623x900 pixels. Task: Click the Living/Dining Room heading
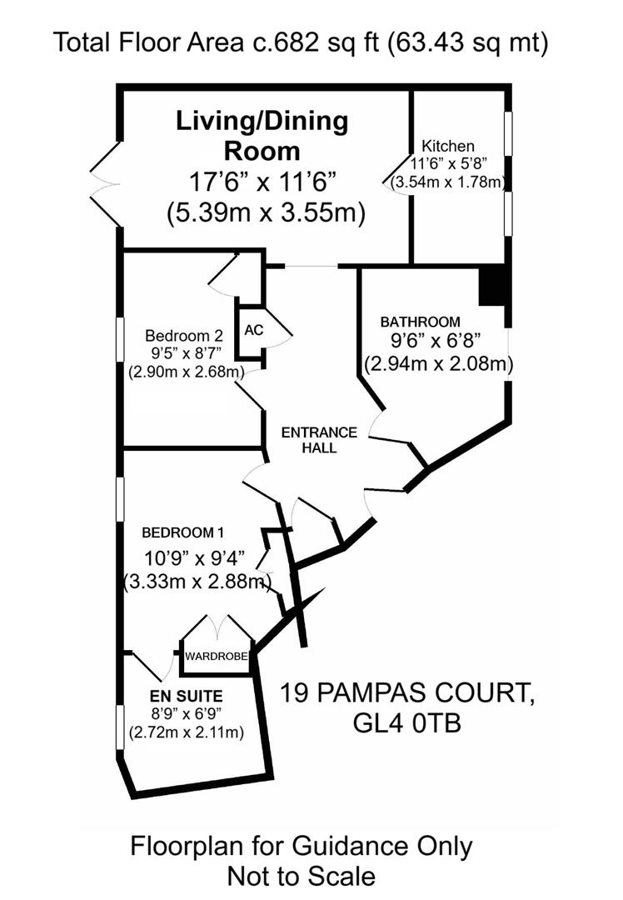(262, 136)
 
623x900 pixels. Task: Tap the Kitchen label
(447, 145)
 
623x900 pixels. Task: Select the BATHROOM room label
(420, 322)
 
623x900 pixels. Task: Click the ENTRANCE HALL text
(319, 440)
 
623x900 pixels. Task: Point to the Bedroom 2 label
(183, 336)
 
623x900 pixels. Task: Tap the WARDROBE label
(217, 657)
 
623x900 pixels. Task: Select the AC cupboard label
(254, 330)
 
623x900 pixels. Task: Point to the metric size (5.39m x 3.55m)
(266, 212)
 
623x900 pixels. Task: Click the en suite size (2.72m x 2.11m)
(186, 733)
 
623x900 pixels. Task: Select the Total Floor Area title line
(301, 42)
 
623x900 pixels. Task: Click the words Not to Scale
(301, 876)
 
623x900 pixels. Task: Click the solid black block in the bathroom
(491, 286)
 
